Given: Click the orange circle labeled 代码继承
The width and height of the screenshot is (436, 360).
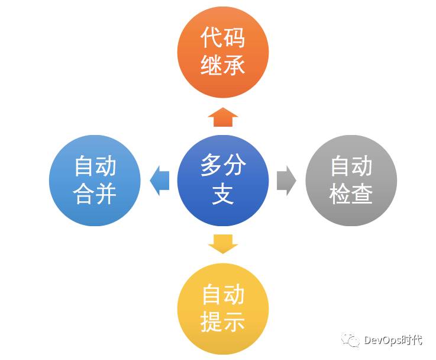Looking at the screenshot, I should [x=223, y=52].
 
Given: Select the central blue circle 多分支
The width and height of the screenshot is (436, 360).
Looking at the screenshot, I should [x=223, y=180].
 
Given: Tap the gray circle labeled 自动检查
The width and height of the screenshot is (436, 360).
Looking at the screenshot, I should [x=351, y=180].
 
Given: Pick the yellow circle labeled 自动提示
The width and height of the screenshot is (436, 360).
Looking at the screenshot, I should [x=223, y=308].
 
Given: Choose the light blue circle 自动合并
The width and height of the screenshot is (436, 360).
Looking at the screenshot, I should [x=95, y=180].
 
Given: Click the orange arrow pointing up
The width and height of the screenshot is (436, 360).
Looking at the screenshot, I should [x=223, y=117].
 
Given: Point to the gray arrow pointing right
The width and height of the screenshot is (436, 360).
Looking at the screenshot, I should [x=286, y=180].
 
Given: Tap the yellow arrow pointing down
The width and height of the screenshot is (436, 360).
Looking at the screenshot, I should [x=223, y=243].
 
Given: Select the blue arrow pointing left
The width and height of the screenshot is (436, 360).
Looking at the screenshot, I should [x=160, y=180].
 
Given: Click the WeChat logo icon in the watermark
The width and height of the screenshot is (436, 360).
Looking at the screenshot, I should [x=352, y=340].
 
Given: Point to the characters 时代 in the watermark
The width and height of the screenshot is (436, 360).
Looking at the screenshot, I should [x=412, y=340].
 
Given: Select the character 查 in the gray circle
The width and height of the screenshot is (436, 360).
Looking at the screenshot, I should [x=363, y=194].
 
